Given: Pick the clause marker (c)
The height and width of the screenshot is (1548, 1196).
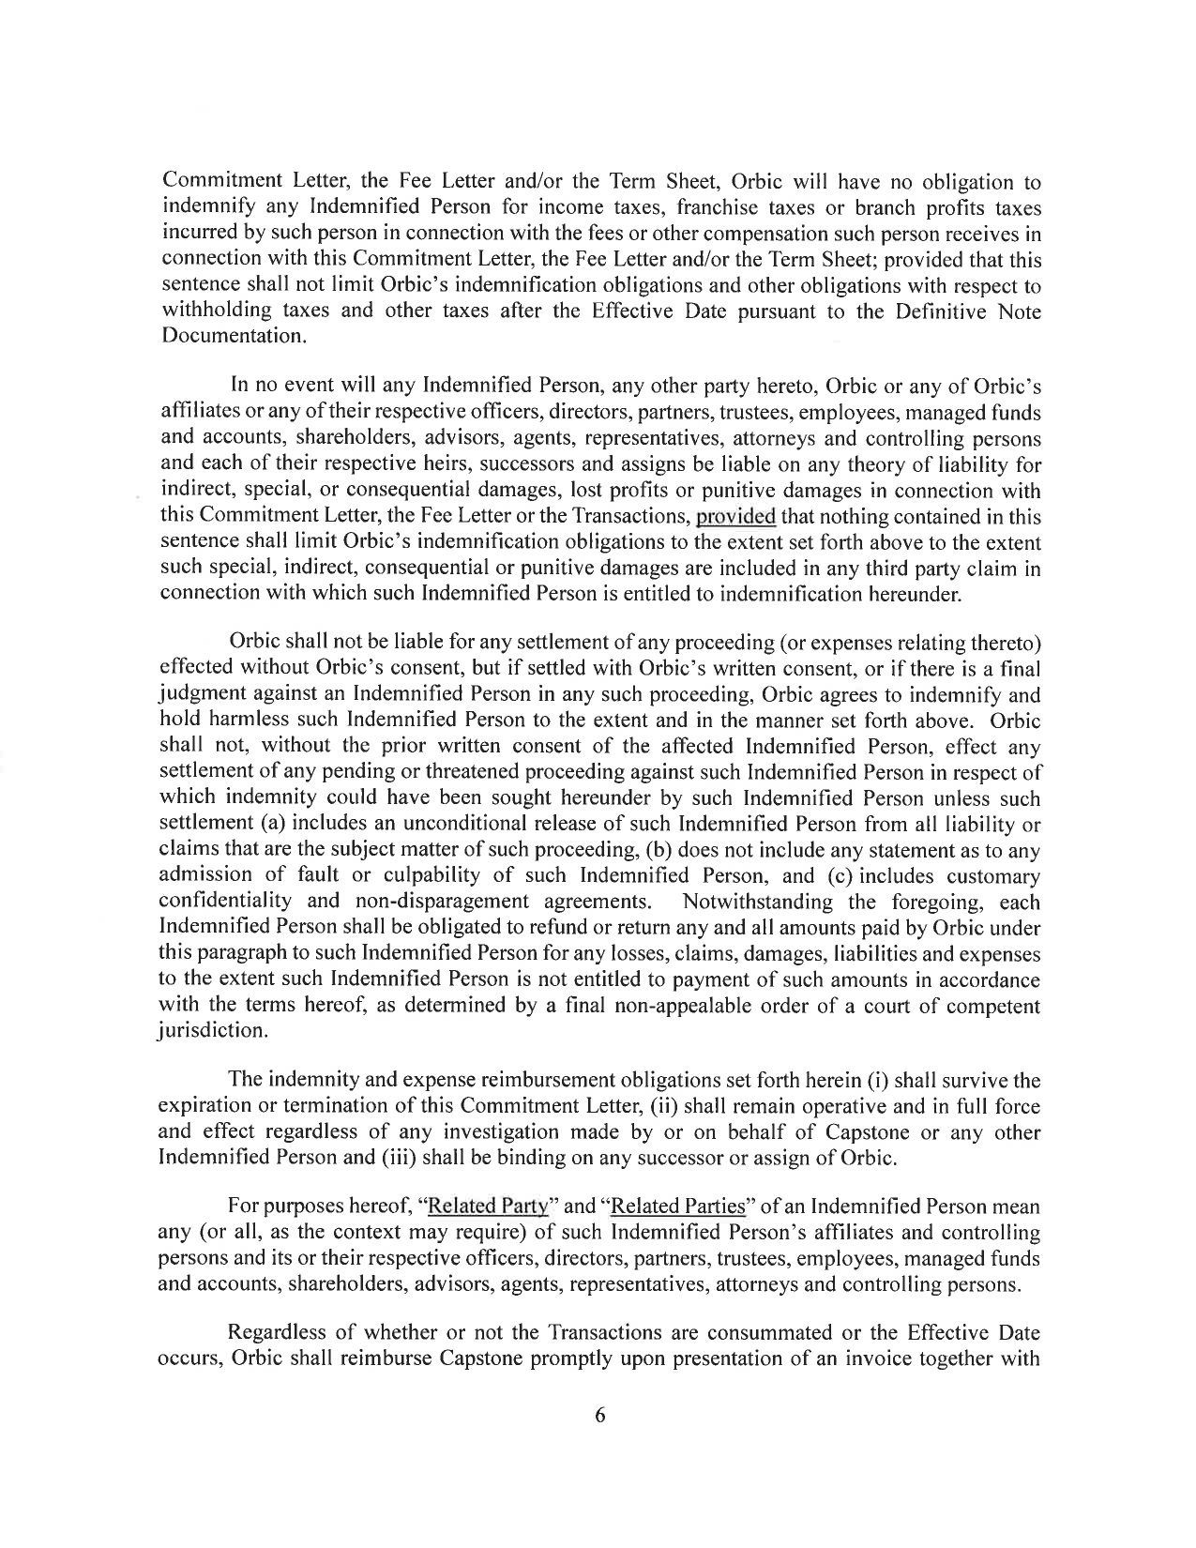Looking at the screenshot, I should [x=868, y=876].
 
